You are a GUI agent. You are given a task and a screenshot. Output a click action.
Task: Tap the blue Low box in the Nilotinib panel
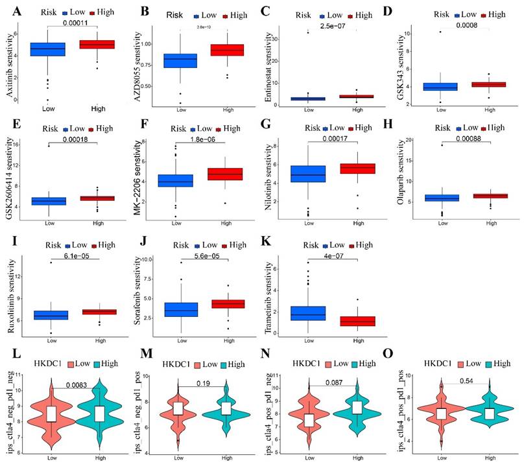point(308,174)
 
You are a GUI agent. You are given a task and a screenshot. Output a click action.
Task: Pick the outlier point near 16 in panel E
point(47,146)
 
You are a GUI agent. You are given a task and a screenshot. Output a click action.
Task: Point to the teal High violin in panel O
point(486,413)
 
